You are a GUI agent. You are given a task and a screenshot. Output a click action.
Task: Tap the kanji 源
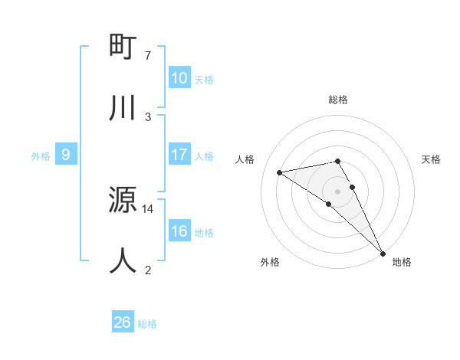pos(123,201)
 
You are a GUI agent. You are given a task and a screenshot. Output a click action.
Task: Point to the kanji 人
pos(123,260)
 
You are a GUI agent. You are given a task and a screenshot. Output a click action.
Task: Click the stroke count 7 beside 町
pos(148,56)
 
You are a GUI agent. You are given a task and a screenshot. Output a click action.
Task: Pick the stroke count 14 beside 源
pos(148,208)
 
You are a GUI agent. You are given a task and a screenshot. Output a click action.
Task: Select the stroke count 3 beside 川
pos(148,116)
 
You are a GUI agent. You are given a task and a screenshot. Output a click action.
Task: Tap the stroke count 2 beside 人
pos(148,269)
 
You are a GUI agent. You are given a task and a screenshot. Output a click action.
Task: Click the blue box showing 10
pos(179,78)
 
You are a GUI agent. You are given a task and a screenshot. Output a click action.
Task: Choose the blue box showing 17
pos(179,155)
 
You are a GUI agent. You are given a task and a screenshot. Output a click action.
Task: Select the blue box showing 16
pos(179,231)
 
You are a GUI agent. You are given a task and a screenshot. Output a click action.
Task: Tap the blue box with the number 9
pos(66,155)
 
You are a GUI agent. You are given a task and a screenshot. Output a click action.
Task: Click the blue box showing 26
pos(123,322)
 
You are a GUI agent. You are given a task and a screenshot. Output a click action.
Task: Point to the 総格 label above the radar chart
pos(338,100)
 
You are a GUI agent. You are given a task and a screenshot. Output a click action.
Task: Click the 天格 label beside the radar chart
pos(432,159)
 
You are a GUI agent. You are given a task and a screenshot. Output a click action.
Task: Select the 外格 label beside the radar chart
pos(270,262)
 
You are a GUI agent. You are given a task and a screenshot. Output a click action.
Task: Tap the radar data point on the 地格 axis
pos(383,253)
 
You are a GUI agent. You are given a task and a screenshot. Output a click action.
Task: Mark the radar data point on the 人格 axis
pos(280,172)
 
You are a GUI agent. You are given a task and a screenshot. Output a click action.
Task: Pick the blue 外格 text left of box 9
pos(41,155)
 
